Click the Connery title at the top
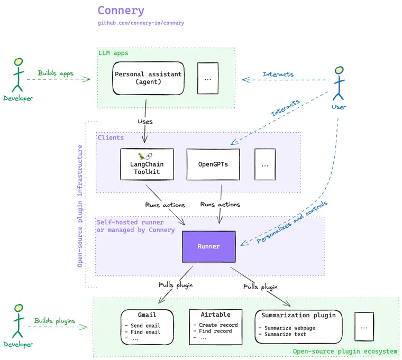(x=121, y=10)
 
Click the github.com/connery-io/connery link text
(x=141, y=23)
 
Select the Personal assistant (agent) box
(x=148, y=78)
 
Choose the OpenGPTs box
(x=213, y=164)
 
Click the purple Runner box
(x=208, y=246)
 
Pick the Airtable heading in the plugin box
(x=215, y=315)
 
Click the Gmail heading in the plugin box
(x=147, y=315)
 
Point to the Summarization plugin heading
(x=298, y=315)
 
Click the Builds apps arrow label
(x=56, y=73)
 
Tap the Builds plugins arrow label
(x=54, y=320)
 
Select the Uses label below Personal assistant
(x=145, y=122)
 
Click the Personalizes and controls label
(x=292, y=222)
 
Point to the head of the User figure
(x=339, y=72)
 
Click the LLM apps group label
(x=113, y=53)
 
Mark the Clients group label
(x=110, y=137)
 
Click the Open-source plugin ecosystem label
(x=344, y=351)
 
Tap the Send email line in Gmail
(x=142, y=325)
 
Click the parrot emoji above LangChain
(x=141, y=156)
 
